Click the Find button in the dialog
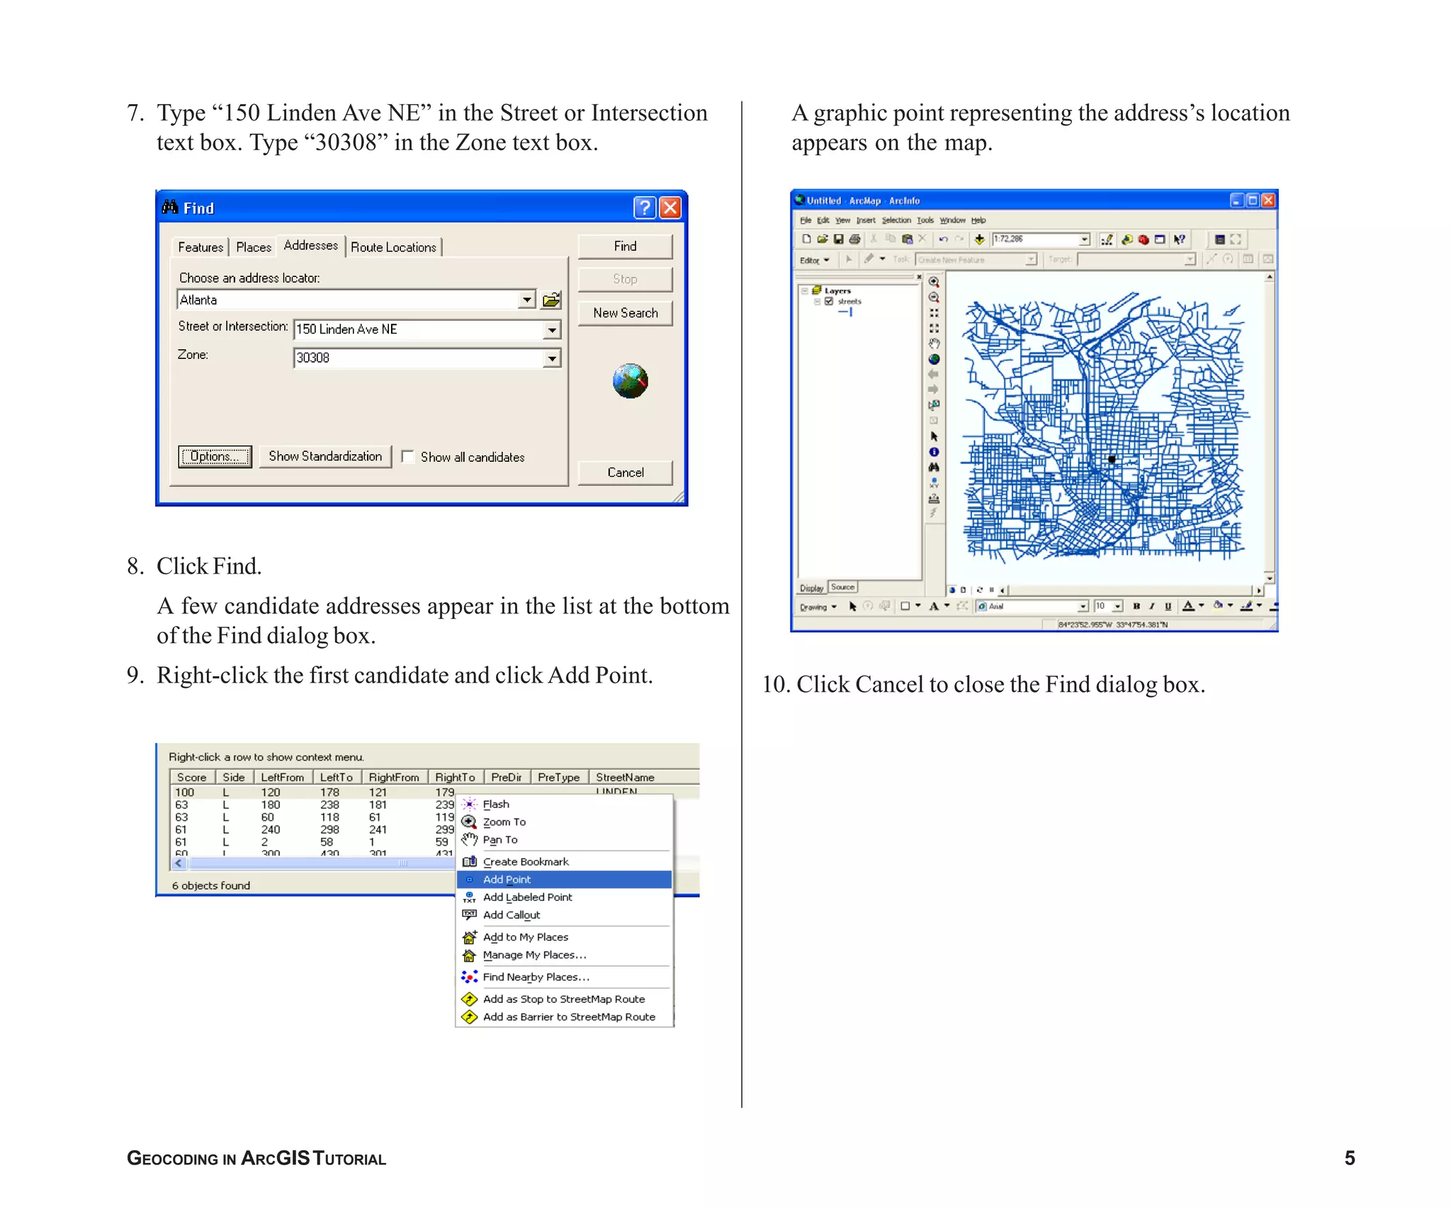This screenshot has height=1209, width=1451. [x=624, y=246]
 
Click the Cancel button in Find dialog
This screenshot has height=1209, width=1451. [x=625, y=472]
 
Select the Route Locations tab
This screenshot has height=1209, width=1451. [x=393, y=247]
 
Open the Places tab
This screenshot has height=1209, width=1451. [x=253, y=247]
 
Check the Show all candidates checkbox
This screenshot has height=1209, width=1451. [x=408, y=457]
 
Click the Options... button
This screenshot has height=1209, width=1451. [x=215, y=457]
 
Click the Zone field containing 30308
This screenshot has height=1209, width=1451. [x=418, y=358]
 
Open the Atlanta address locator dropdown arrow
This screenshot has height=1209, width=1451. [x=526, y=300]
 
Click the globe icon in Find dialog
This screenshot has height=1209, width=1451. [x=630, y=381]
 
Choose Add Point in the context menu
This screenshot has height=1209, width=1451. [x=507, y=880]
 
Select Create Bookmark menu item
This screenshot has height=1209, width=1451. [x=525, y=862]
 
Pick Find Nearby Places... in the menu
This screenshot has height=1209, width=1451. [x=535, y=977]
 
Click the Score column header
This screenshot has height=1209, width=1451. [x=191, y=777]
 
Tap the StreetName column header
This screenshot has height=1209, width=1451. [x=625, y=777]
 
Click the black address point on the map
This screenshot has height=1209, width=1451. [x=1112, y=460]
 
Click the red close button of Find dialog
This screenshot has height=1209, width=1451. [x=670, y=208]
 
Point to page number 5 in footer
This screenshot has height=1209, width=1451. [x=1349, y=1158]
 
